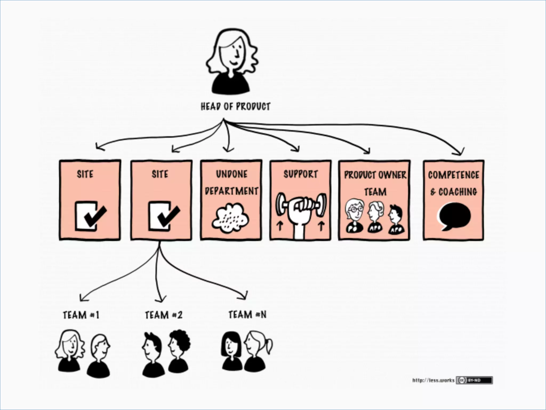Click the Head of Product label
[x=235, y=106]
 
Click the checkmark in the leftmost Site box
[x=95, y=215]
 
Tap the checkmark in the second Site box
[x=168, y=215]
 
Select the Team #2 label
[x=164, y=315]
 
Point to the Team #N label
[x=247, y=314]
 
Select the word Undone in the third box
[x=231, y=174]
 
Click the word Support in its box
[x=301, y=174]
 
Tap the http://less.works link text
[x=433, y=380]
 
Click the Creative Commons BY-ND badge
[x=474, y=380]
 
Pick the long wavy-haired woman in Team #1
[x=70, y=350]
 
